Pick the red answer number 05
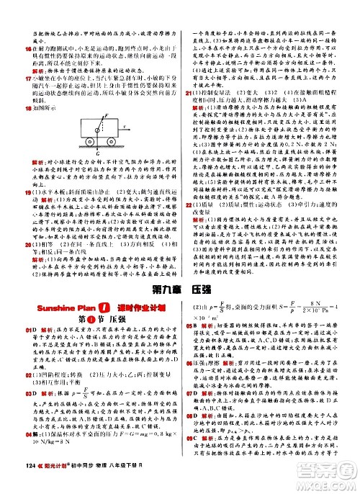(x=189, y=345)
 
